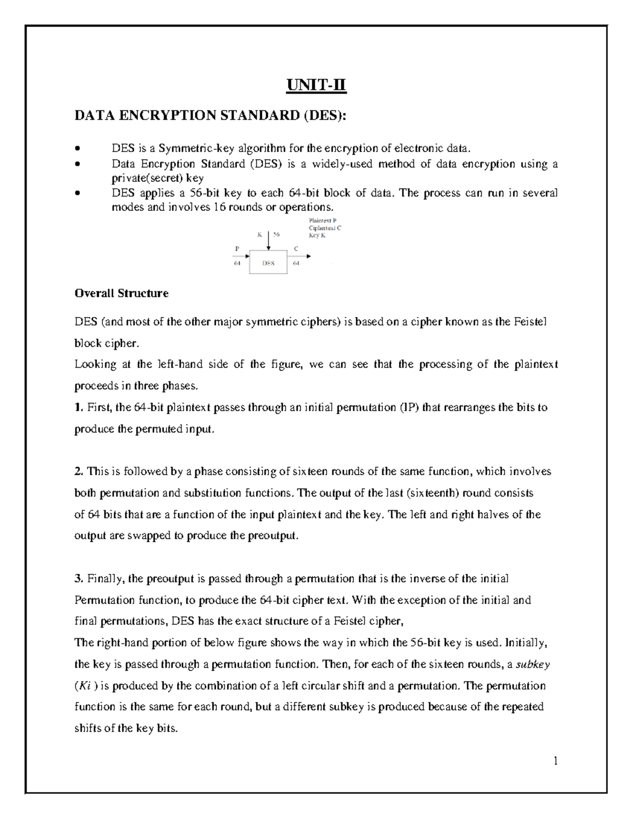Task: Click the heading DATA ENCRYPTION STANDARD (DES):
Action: pyautogui.click(x=211, y=115)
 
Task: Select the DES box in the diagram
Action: pyautogui.click(x=268, y=263)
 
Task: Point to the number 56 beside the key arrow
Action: pyautogui.click(x=277, y=234)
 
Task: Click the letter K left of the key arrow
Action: pyautogui.click(x=260, y=234)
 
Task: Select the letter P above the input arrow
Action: pyautogui.click(x=236, y=248)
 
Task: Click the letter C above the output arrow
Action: pyautogui.click(x=296, y=248)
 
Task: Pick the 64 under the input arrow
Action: pyautogui.click(x=237, y=263)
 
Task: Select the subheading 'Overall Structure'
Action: pyautogui.click(x=121, y=293)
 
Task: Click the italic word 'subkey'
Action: pyautogui.click(x=533, y=664)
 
